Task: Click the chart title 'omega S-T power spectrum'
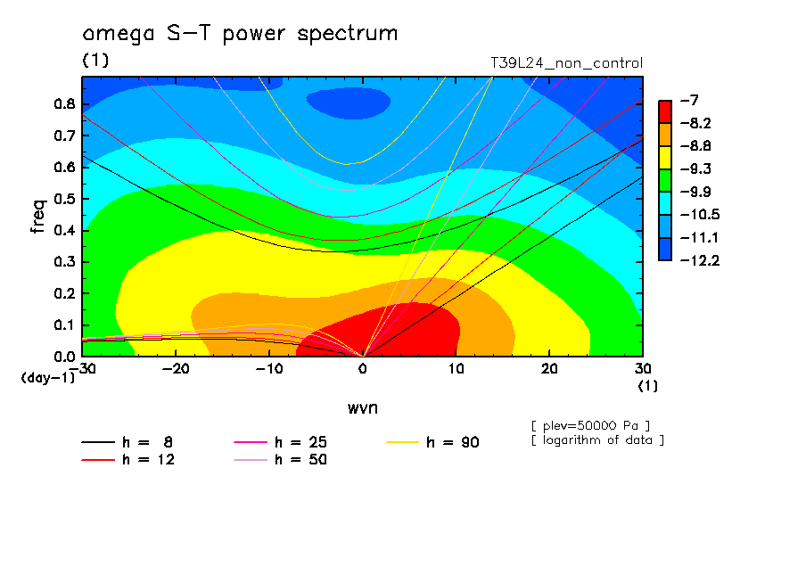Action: click(x=240, y=34)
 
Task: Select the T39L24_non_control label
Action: click(x=566, y=63)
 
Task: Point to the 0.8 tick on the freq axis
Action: click(x=65, y=103)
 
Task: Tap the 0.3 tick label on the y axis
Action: click(x=65, y=262)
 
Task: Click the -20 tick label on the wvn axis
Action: click(x=176, y=369)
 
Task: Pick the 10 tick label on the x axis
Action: click(x=456, y=369)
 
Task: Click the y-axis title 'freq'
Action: click(x=38, y=217)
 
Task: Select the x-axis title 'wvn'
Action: click(x=363, y=408)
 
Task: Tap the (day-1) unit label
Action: click(x=48, y=378)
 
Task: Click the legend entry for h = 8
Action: click(x=127, y=442)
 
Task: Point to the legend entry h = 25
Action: click(x=280, y=442)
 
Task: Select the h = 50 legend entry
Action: click(x=280, y=460)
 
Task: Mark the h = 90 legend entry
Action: click(x=432, y=442)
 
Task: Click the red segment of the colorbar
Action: click(x=665, y=111)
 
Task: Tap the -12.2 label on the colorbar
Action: click(x=700, y=260)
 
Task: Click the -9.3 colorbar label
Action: click(x=696, y=169)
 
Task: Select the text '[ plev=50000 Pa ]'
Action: click(x=590, y=426)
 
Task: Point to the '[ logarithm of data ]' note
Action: click(x=598, y=440)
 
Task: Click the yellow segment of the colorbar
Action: click(x=665, y=157)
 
